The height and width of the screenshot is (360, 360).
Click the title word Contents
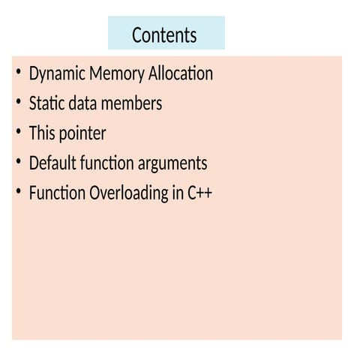(164, 34)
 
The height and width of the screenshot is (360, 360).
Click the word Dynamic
(57, 74)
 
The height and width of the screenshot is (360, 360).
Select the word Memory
(117, 74)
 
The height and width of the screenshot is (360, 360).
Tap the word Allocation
(181, 73)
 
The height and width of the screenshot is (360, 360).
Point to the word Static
(47, 103)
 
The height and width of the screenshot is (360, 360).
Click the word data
(83, 103)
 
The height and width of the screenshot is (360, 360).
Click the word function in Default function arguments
(107, 163)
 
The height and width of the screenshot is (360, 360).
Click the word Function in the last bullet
(57, 193)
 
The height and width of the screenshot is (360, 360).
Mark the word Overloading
(129, 193)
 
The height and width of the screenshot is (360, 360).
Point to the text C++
(199, 193)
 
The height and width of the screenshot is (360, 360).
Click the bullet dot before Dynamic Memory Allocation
(19, 72)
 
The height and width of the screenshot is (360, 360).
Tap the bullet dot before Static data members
(19, 101)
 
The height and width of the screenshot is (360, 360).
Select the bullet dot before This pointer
(19, 131)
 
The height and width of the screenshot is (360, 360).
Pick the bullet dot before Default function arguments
(19, 161)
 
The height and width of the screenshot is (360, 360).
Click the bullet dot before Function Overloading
(19, 191)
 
